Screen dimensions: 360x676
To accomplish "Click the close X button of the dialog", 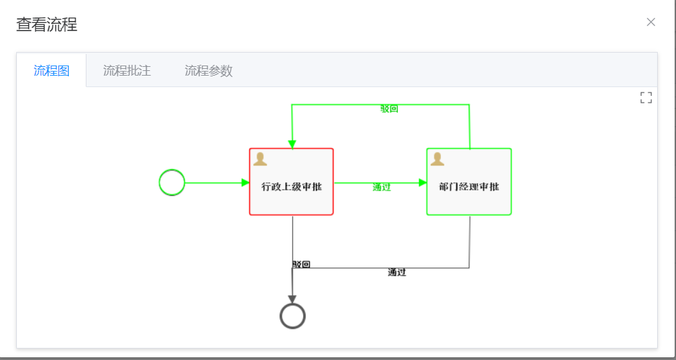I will (651, 22).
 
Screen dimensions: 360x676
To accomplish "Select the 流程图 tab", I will (52, 70).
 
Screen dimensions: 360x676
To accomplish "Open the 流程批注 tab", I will (126, 70).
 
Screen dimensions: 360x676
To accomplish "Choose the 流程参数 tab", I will (209, 70).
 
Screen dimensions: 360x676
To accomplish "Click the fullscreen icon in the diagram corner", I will (646, 98).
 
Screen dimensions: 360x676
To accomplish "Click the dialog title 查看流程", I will (47, 25).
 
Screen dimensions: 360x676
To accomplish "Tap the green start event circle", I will (172, 182).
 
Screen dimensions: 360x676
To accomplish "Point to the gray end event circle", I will (292, 316).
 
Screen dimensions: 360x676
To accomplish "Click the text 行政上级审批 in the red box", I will (292, 186).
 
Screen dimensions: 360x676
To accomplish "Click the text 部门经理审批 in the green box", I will (469, 186).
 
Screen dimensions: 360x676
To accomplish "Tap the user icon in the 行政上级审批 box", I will (260, 159).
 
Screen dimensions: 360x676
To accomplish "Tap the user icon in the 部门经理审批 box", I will (438, 159).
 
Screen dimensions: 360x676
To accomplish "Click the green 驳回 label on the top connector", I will (390, 109).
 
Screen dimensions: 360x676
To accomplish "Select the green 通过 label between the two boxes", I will (382, 187).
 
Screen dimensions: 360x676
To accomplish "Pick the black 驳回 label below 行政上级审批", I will (301, 264).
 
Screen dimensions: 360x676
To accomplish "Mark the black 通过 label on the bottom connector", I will (397, 272).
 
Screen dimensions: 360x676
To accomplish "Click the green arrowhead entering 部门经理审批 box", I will (423, 182).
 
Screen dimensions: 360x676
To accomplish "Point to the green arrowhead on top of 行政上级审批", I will (292, 144).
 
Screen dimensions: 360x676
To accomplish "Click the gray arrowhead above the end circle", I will (292, 299).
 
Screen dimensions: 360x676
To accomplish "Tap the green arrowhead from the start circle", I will (245, 182).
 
